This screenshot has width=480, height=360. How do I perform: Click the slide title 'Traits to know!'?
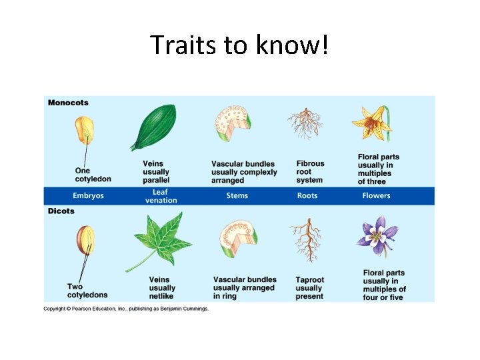tap(239, 45)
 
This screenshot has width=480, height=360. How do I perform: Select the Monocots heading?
tap(68, 103)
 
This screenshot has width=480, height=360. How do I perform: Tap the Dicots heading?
tap(61, 211)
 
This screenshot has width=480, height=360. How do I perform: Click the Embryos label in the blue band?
tap(88, 196)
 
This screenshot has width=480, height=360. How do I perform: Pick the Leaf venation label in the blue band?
tap(161, 196)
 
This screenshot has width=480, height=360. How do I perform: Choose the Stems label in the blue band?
tap(237, 196)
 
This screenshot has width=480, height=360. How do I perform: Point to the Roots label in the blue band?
tap(307, 196)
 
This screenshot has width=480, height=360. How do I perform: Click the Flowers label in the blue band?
tap(377, 196)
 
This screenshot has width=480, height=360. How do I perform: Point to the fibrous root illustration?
tap(305, 123)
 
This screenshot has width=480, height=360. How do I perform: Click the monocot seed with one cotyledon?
tap(85, 130)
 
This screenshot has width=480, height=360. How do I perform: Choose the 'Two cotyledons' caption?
tap(87, 291)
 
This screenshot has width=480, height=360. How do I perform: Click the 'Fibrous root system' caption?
tap(310, 171)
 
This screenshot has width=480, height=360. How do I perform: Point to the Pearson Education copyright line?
tap(126, 309)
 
